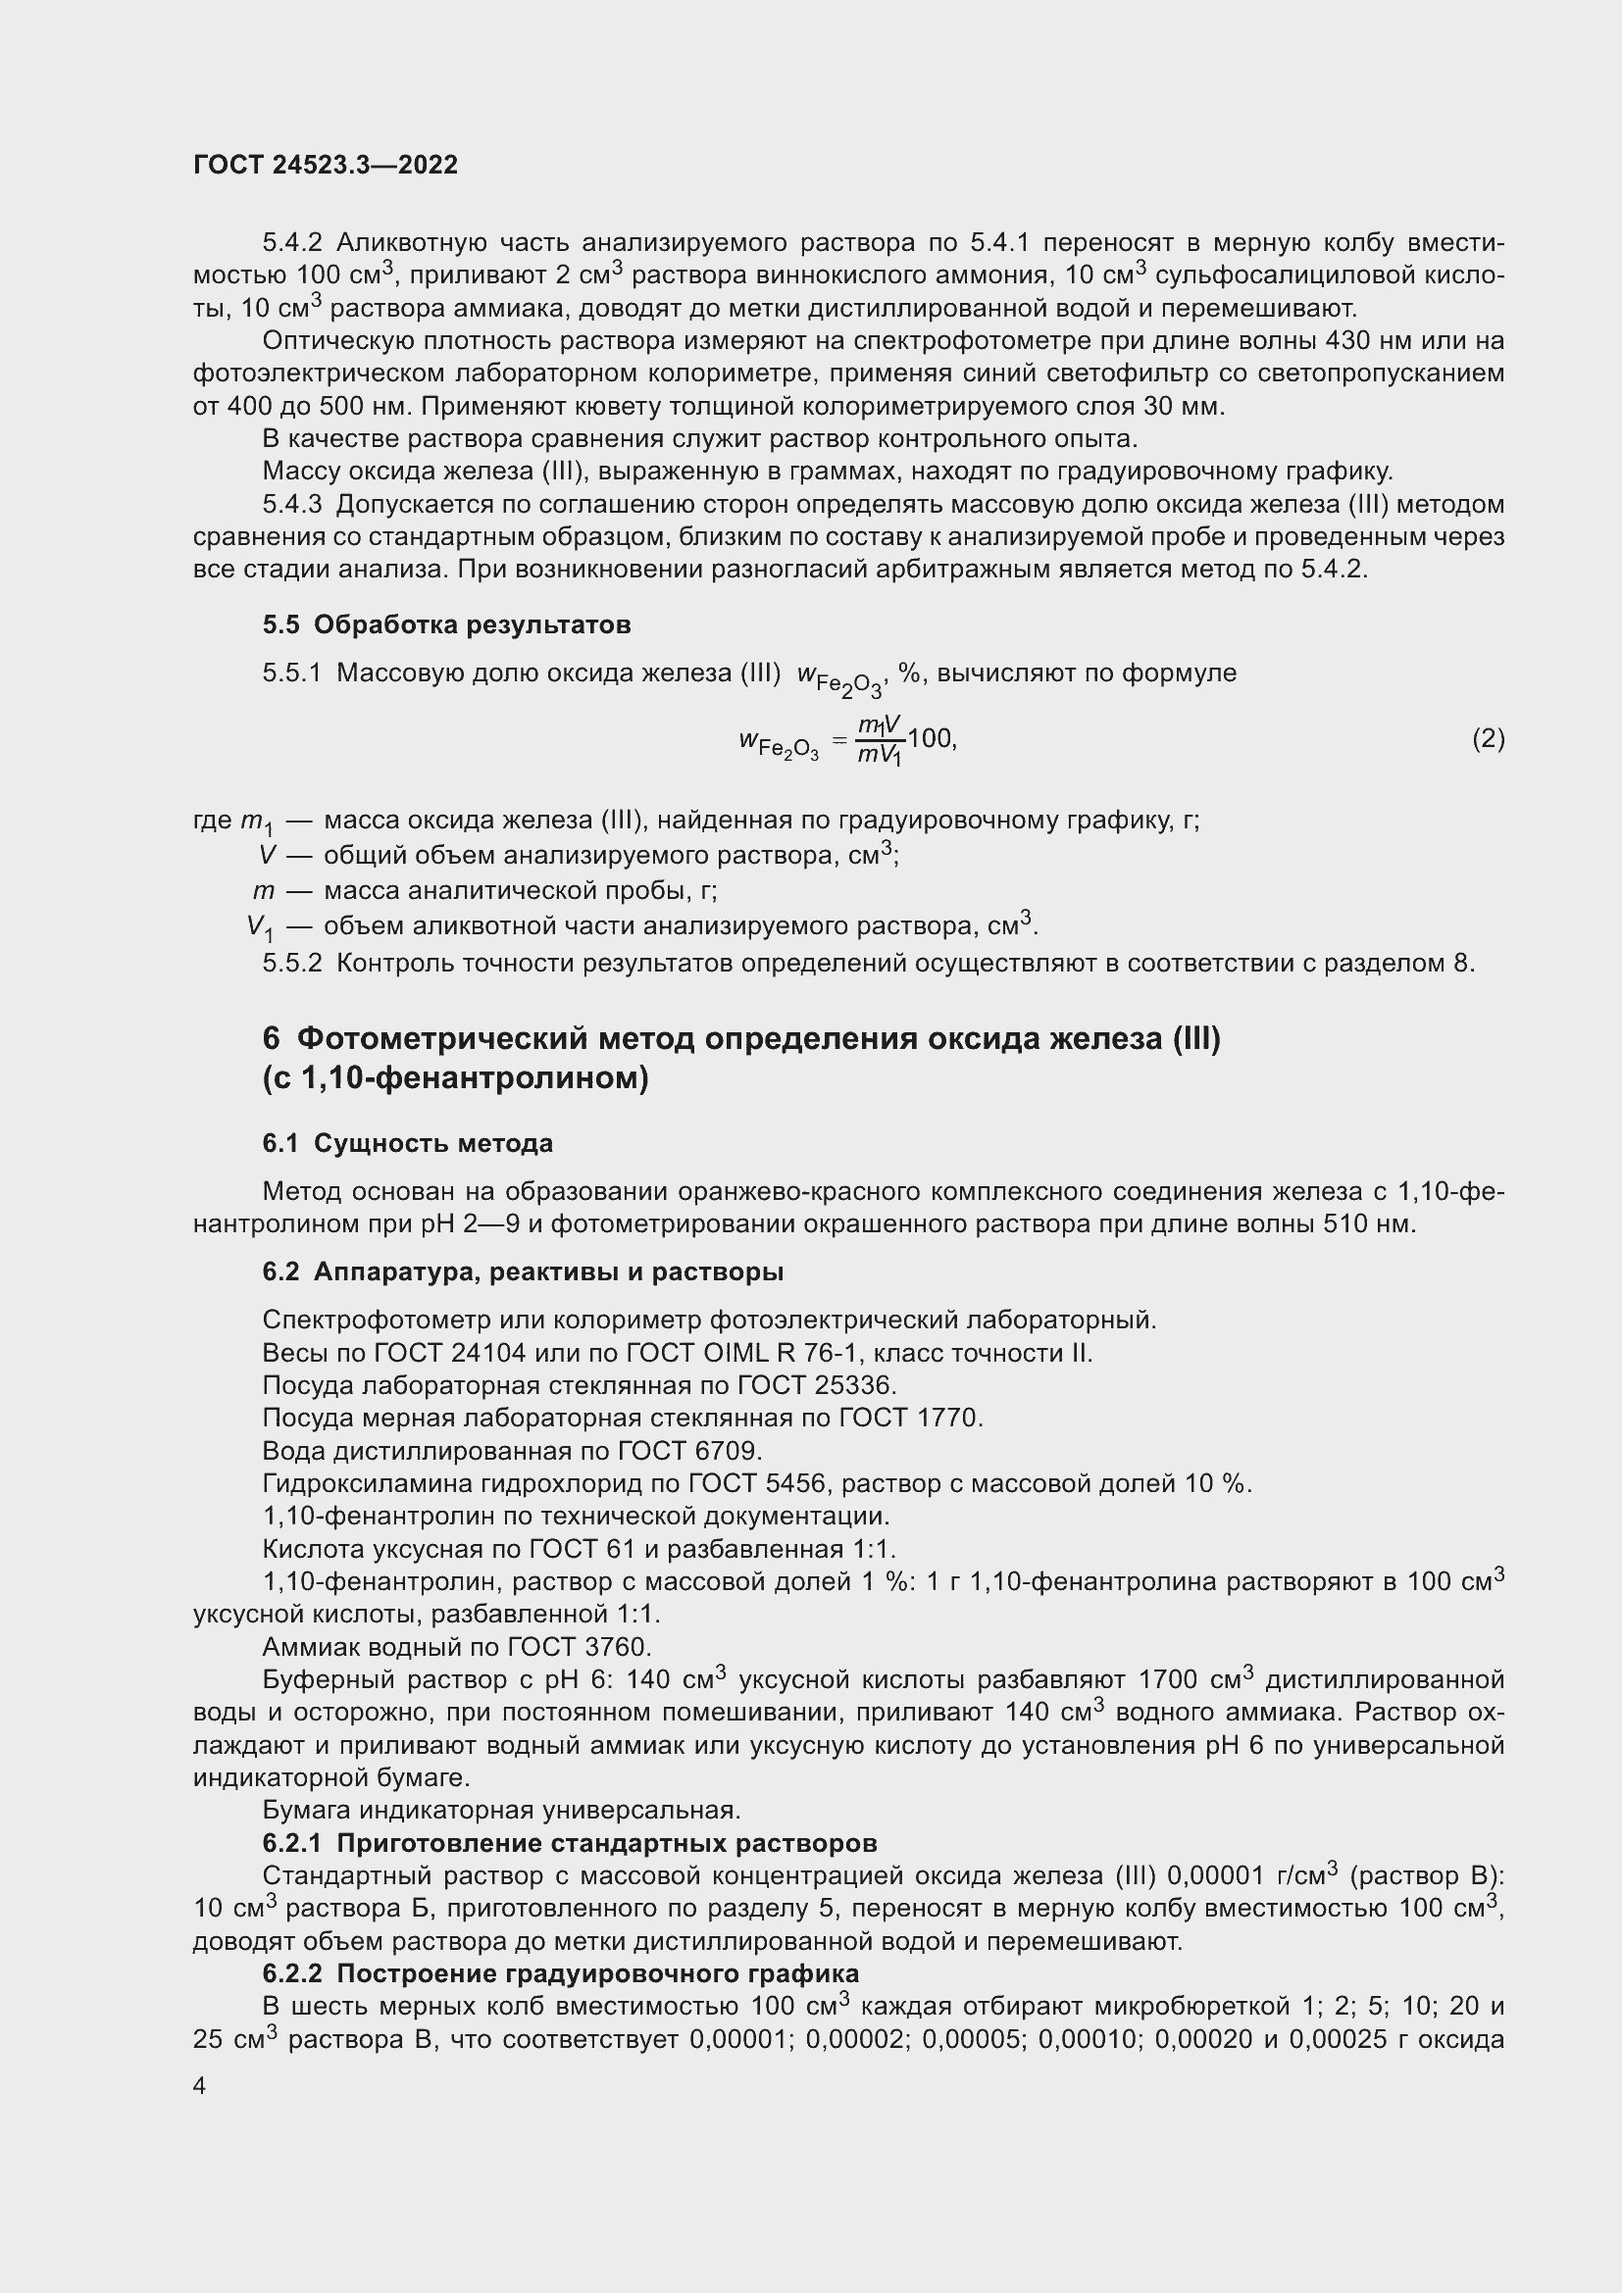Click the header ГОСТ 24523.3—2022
coord(326,165)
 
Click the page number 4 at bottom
coord(200,2086)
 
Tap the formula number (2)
coord(1488,739)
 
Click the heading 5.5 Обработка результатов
coord(446,625)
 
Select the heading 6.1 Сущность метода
coord(408,1143)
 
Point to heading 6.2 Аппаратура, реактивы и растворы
coord(523,1271)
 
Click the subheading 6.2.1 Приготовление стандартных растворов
coord(570,1843)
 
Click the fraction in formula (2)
coord(880,740)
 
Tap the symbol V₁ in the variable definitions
coord(260,927)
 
